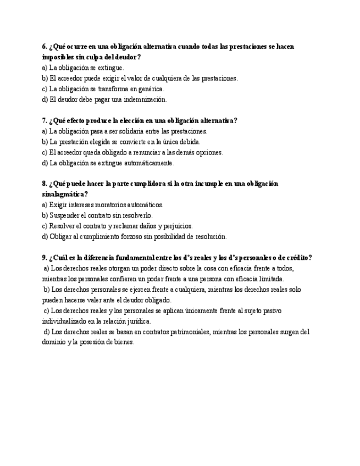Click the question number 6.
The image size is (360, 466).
point(44,47)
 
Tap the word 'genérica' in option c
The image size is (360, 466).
point(150,89)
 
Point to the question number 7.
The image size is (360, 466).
point(44,121)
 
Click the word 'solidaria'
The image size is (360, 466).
point(130,131)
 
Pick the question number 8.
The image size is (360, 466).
point(44,184)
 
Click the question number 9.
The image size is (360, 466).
point(44,258)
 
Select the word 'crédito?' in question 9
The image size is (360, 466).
point(300,258)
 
